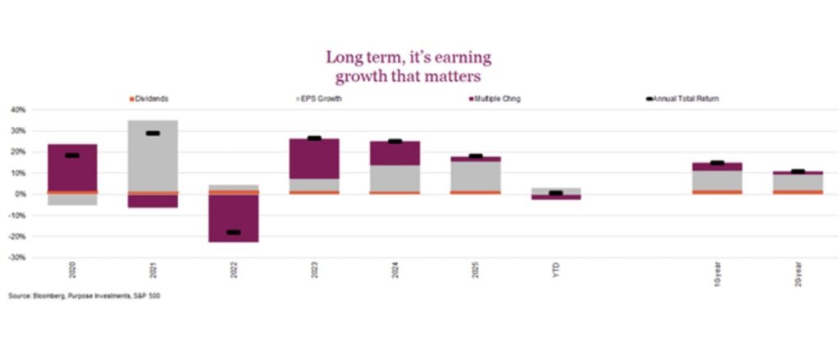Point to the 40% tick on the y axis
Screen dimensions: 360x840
click(x=18, y=109)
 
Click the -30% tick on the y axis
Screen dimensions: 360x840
click(x=17, y=257)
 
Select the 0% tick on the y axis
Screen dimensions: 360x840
click(x=20, y=194)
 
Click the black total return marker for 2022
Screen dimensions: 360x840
click(x=233, y=232)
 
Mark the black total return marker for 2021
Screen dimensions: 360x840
click(x=153, y=133)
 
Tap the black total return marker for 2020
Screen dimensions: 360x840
click(x=72, y=155)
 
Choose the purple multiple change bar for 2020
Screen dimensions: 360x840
click(x=72, y=168)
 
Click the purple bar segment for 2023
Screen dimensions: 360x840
click(x=313, y=158)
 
